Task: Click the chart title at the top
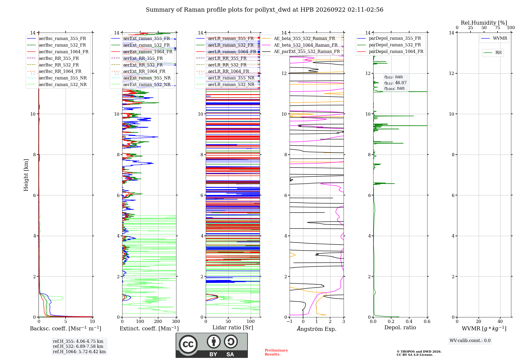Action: click(x=264, y=10)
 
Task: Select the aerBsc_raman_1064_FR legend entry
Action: click(x=58, y=52)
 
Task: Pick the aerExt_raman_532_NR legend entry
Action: click(x=141, y=84)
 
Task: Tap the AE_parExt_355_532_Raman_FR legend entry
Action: click(x=301, y=51)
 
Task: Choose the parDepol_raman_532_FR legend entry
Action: click(x=389, y=45)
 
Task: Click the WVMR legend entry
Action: click(x=494, y=38)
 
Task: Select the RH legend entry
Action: click(x=492, y=53)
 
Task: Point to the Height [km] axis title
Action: click(x=26, y=175)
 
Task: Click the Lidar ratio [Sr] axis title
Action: click(x=233, y=327)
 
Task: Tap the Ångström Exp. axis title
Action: click(x=317, y=329)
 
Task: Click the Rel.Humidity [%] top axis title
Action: click(x=484, y=23)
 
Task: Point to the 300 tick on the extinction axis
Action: click(x=176, y=321)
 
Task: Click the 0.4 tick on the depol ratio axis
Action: click(x=409, y=321)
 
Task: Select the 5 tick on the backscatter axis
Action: click(x=66, y=321)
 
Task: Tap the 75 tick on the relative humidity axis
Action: click(x=498, y=28)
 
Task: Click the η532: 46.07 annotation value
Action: click(x=395, y=83)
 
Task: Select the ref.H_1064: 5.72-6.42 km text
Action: click(x=79, y=352)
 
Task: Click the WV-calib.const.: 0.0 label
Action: click(x=470, y=340)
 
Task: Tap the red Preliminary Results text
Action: click(x=276, y=352)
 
